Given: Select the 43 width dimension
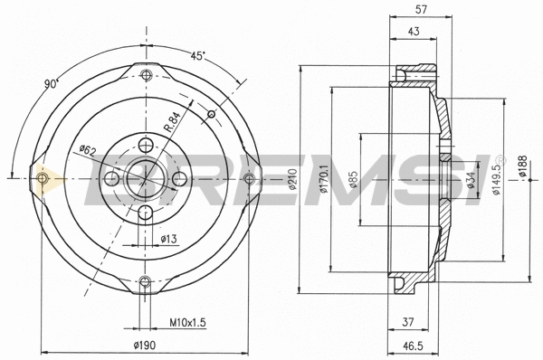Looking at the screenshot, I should coord(413,32).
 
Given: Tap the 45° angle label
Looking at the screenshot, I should coord(197,55).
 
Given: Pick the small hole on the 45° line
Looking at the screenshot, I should coord(211,114).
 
